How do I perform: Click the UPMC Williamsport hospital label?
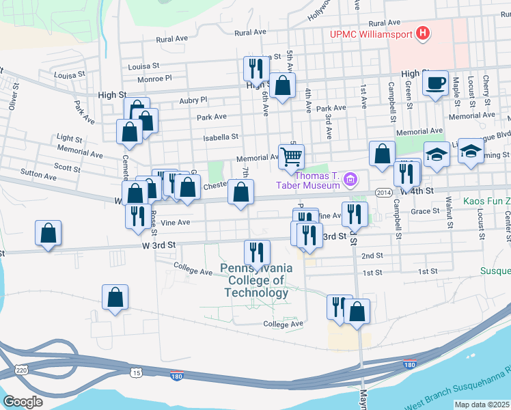(372, 33)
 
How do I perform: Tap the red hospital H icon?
(424, 32)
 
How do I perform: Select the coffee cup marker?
(435, 83)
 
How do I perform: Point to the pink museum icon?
(351, 180)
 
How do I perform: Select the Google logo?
(23, 401)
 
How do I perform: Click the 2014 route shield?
(383, 193)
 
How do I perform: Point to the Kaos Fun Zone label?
(486, 201)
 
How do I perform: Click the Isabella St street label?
(221, 137)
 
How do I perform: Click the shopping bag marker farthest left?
(48, 234)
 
